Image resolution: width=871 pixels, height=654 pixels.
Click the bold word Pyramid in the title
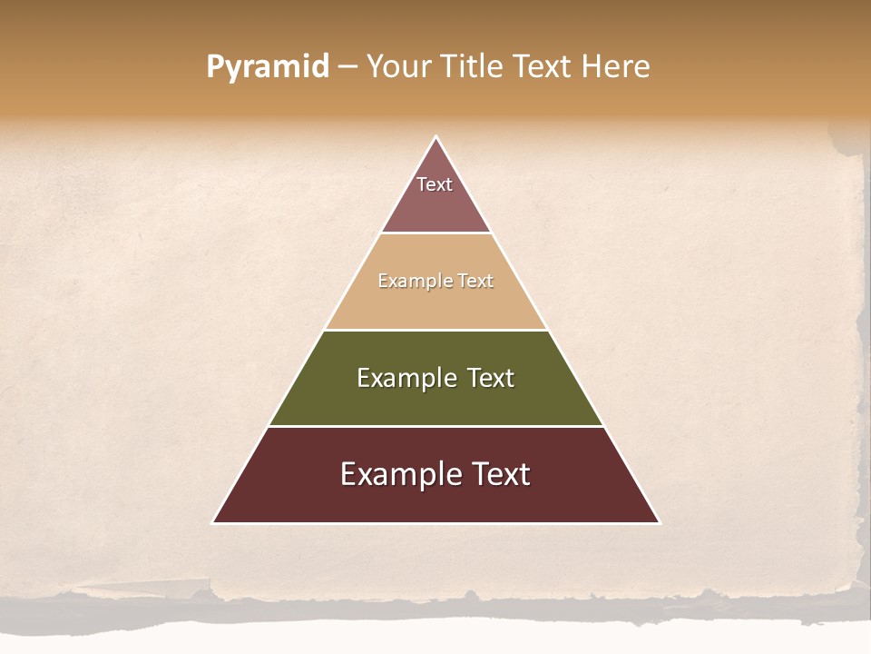click(267, 67)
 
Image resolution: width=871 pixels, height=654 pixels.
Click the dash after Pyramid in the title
click(347, 67)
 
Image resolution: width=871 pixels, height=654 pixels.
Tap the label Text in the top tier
click(435, 184)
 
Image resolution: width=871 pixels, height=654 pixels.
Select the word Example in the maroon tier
click(397, 474)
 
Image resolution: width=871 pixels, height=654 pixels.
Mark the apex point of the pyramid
click(435, 138)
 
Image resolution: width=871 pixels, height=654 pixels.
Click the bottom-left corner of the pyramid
click(214, 521)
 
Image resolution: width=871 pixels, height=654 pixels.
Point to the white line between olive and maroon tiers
click(435, 426)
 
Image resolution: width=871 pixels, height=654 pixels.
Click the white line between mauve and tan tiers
click(435, 233)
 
